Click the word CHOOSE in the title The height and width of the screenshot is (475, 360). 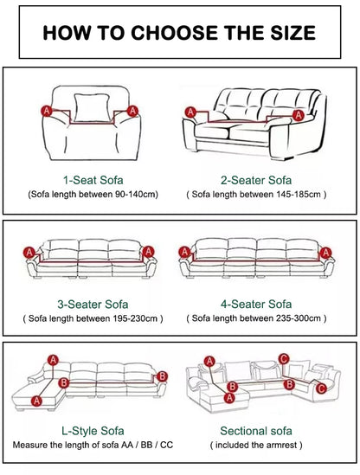coord(174,33)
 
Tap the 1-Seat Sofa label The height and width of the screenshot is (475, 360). coord(93,180)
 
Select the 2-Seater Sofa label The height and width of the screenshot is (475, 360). coord(256,180)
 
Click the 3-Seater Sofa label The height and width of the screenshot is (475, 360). coord(93,305)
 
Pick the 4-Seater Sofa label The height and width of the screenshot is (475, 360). coord(256,305)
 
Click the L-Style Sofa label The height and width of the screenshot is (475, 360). coord(93,431)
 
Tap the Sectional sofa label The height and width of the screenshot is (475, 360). coord(256,431)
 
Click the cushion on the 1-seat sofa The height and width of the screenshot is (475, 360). coord(92,108)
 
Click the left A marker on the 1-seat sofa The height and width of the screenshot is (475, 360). coord(47,111)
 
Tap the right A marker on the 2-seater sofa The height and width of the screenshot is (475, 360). coord(299,115)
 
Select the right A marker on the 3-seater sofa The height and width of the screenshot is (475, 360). coord(149,252)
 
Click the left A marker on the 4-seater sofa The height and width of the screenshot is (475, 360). coord(184,252)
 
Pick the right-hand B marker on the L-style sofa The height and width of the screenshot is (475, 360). coord(162,376)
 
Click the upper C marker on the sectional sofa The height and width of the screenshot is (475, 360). coord(284,359)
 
